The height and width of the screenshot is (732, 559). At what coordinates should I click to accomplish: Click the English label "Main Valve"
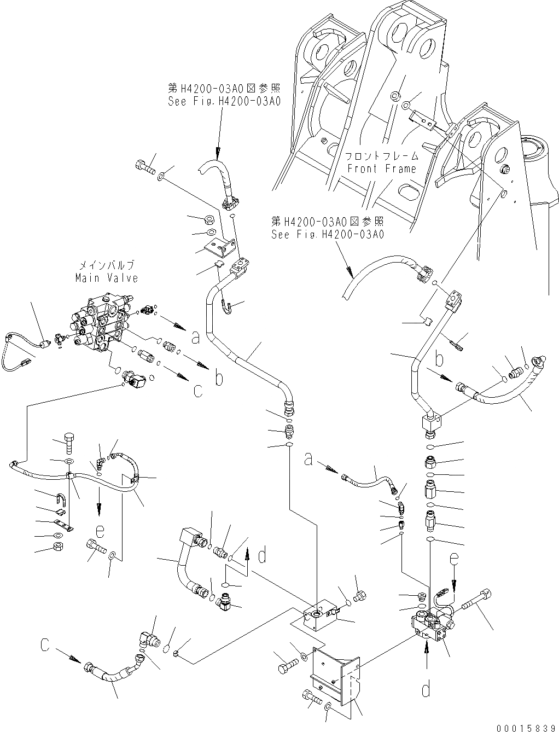tap(106, 278)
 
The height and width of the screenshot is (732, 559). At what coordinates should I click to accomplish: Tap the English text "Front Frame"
tap(382, 169)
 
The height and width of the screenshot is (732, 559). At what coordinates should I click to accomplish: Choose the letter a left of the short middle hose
tap(309, 461)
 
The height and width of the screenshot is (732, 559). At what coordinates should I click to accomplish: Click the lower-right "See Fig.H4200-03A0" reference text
tap(328, 234)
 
